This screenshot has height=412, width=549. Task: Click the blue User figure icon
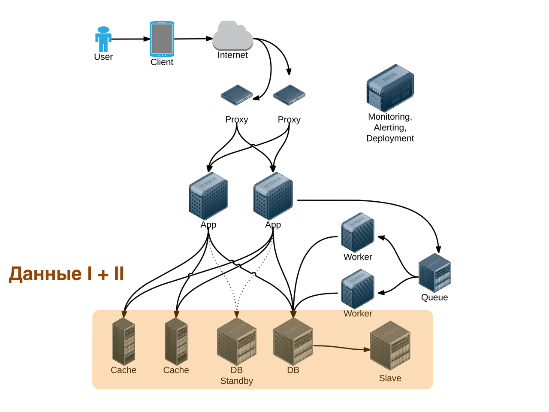(103, 39)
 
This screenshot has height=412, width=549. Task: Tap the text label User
(103, 57)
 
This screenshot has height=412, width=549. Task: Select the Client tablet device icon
(162, 39)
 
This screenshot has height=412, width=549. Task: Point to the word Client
(162, 62)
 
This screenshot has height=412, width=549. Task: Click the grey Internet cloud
(232, 36)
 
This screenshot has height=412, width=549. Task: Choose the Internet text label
(232, 55)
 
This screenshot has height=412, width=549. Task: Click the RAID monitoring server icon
(390, 88)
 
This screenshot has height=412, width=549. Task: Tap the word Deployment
(390, 138)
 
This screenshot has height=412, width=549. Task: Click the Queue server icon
(434, 273)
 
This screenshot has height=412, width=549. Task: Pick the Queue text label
(434, 297)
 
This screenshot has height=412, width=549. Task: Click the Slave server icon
(390, 345)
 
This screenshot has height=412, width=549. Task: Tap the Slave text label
(390, 378)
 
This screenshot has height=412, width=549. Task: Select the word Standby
(236, 381)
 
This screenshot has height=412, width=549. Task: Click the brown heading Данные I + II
(66, 274)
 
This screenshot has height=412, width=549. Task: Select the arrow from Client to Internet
(193, 39)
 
